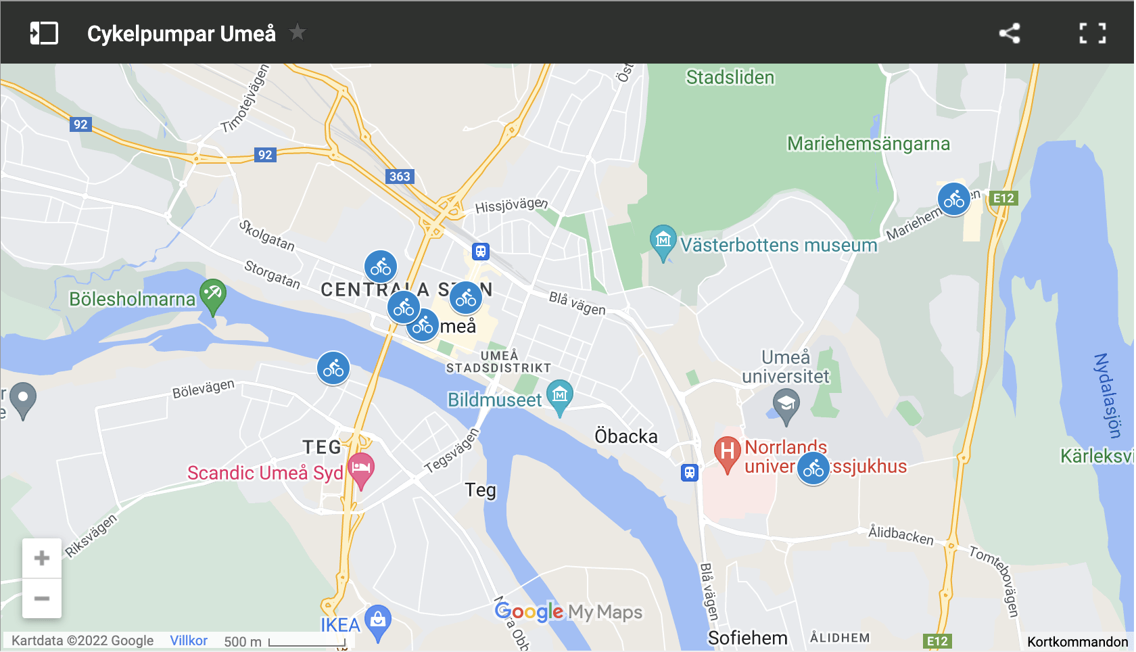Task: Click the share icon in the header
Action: point(1010,33)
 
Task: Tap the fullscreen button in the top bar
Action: point(1092,33)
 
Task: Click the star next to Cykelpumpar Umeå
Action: point(298,32)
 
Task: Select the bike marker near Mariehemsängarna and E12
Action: point(954,200)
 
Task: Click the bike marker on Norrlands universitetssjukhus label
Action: point(813,469)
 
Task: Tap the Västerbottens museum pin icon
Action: point(663,241)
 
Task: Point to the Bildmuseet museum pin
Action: point(560,396)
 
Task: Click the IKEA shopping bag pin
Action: point(378,620)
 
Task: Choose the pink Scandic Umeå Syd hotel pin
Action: point(361,468)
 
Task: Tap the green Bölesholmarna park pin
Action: point(213,295)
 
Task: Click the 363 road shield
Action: point(400,177)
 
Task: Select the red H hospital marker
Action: point(728,452)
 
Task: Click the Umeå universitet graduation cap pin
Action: point(786,404)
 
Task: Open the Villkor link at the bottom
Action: point(189,641)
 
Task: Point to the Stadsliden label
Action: point(730,78)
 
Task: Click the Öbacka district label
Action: point(626,436)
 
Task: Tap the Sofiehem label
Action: point(747,638)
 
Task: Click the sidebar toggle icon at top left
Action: point(44,33)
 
